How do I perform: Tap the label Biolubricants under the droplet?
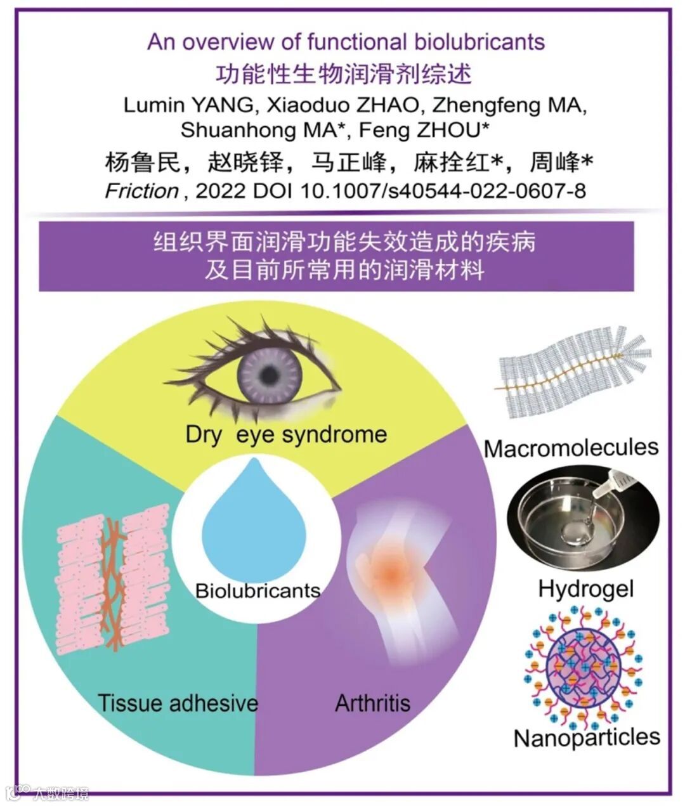pos(258,591)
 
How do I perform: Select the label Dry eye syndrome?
pos(286,434)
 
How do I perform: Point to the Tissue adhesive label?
pos(178,703)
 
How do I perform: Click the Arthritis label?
pos(372,703)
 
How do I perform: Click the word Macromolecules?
pos(571,448)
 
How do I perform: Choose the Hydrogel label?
pos(585,588)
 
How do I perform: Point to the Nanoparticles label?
pos(587,738)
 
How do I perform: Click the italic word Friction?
pos(141,191)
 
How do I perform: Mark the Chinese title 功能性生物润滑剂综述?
pos(344,74)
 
